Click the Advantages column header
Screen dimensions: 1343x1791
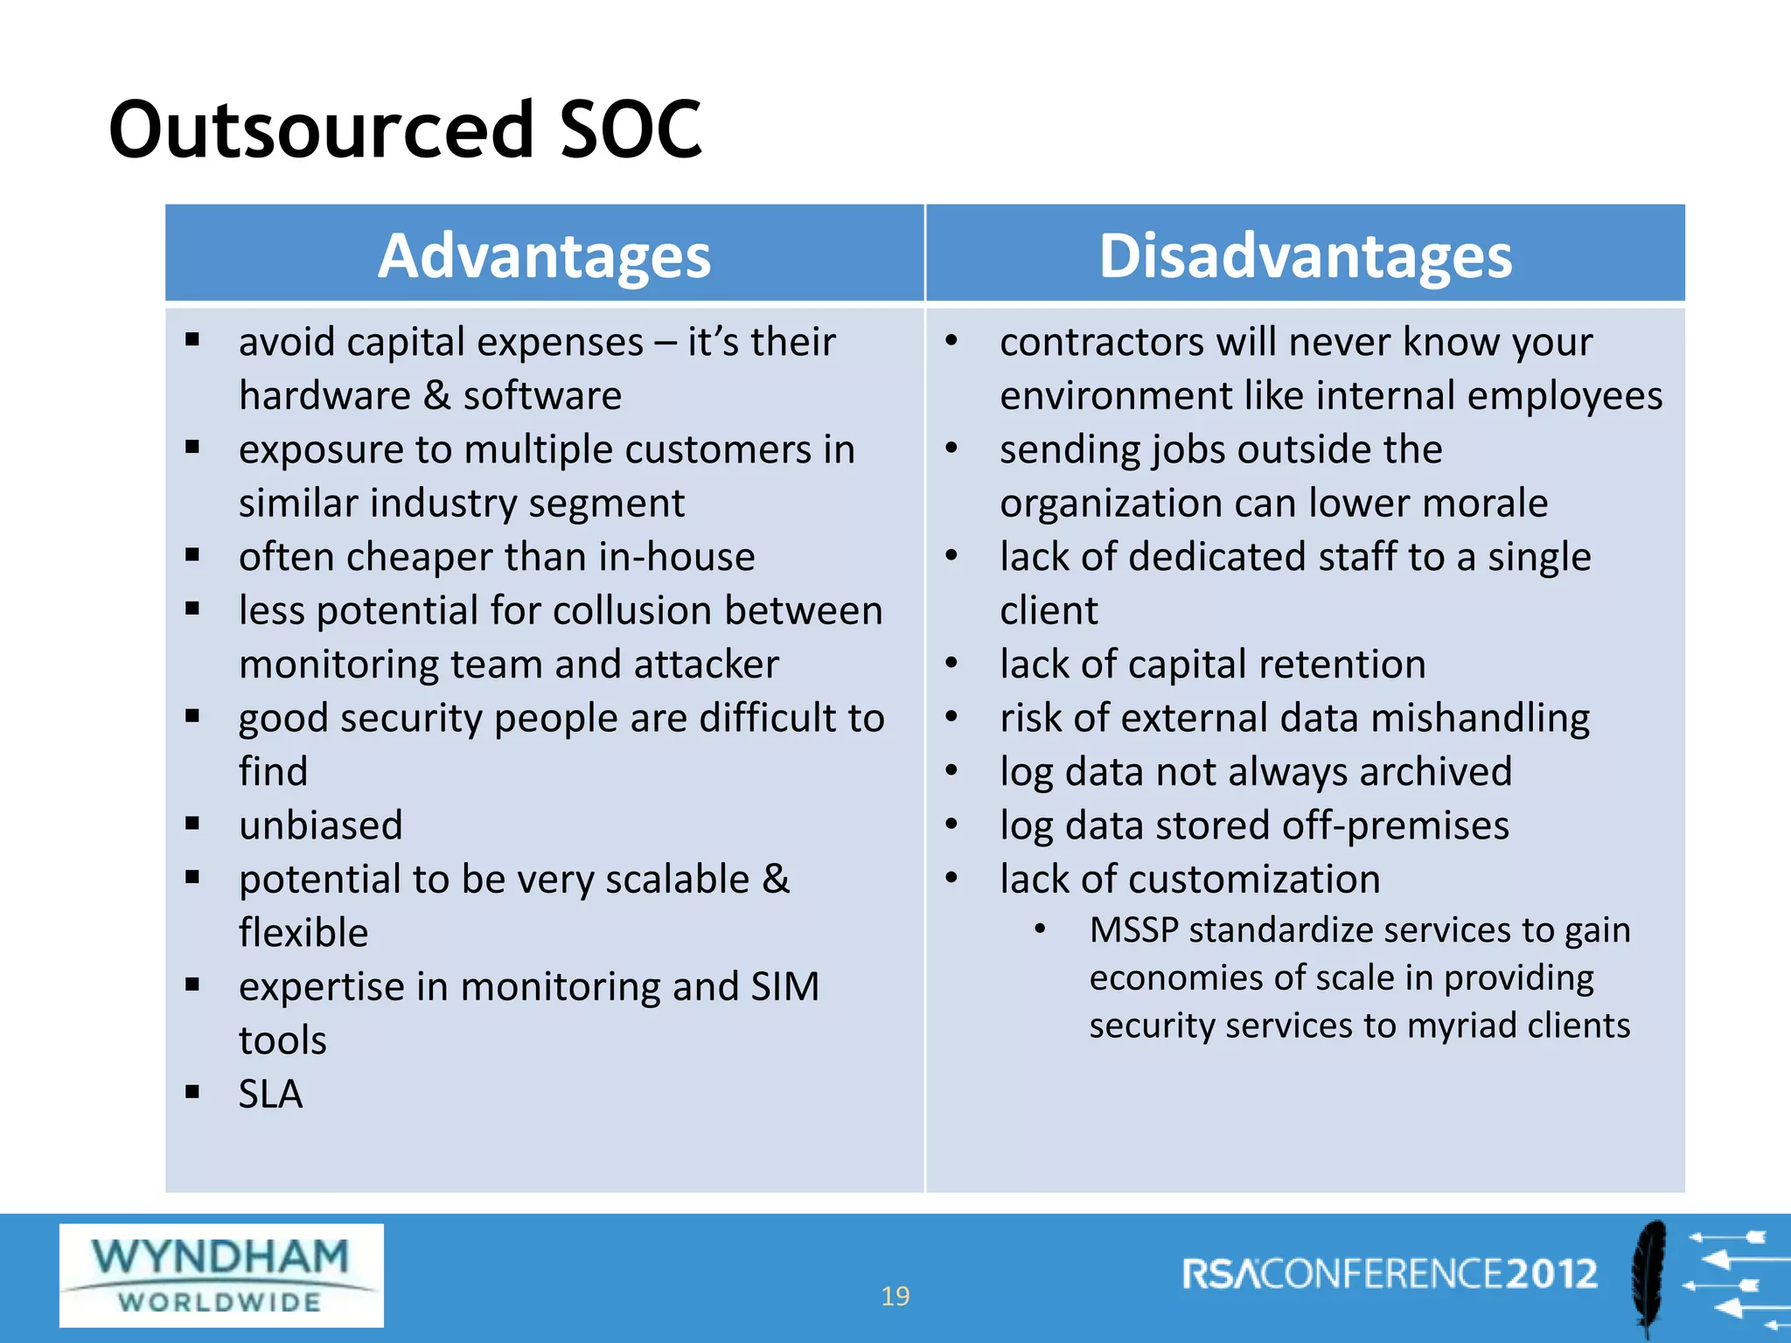[544, 256]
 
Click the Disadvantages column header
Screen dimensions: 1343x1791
[1305, 256]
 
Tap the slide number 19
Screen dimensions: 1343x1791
[895, 1296]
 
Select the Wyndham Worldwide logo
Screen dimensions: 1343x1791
[221, 1275]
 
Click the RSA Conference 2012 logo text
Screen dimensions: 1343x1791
[1390, 1274]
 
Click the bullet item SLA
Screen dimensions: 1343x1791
[270, 1094]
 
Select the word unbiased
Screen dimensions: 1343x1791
[321, 825]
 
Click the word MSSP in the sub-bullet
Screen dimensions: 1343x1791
[1133, 930]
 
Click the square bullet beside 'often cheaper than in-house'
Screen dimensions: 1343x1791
[192, 555]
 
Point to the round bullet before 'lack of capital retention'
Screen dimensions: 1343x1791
[952, 664]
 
